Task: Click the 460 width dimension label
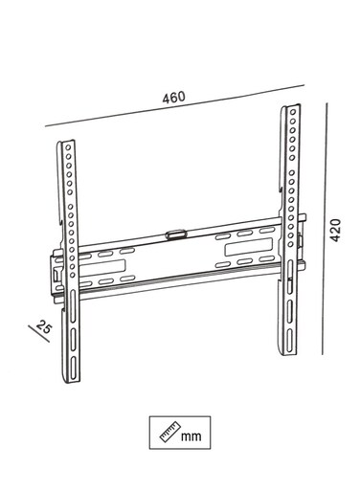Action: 173,98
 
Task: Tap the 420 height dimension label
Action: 335,230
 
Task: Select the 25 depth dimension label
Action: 44,326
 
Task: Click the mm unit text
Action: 191,435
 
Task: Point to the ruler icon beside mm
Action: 169,432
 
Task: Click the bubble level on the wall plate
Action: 175,234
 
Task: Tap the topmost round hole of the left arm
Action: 68,147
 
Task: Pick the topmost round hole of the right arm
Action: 293,112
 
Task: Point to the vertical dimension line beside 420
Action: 325,229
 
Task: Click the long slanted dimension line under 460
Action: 174,105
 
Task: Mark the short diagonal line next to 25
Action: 38,334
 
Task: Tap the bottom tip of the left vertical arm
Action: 71,382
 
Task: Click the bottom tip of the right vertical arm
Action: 288,354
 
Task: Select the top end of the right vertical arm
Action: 291,106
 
